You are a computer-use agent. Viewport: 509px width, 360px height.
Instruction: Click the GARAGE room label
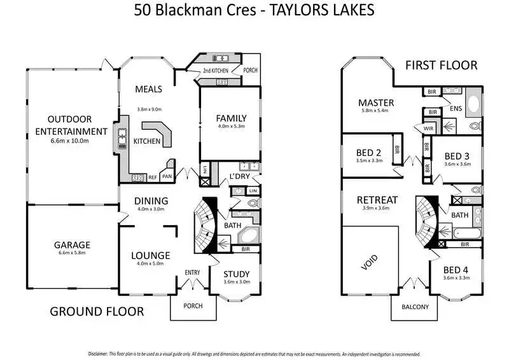[x=72, y=245]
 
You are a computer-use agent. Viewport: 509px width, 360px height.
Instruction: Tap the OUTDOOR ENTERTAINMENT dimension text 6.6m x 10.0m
[x=69, y=141]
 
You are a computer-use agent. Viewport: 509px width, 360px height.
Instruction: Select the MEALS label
[x=148, y=89]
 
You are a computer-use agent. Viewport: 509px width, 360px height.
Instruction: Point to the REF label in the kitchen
[x=153, y=177]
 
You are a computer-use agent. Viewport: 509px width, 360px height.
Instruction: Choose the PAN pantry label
[x=167, y=177]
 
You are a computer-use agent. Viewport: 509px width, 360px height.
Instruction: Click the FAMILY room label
[x=231, y=118]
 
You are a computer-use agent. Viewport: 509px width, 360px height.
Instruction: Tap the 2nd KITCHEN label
[x=216, y=71]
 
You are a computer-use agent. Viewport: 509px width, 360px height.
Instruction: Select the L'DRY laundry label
[x=240, y=176]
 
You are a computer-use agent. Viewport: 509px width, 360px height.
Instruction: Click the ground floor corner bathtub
[x=249, y=236]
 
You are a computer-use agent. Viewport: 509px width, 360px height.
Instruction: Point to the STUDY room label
[x=236, y=274]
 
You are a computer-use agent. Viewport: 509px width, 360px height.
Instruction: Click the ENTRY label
[x=193, y=272]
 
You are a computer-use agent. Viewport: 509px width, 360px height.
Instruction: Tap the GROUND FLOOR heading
[x=97, y=312]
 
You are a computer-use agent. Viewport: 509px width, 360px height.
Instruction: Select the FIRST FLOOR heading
[x=441, y=66]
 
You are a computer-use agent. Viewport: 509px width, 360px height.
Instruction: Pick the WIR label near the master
[x=428, y=128]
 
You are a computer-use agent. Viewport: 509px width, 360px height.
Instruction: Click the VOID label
[x=370, y=262]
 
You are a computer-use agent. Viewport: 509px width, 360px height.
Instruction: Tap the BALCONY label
[x=415, y=307]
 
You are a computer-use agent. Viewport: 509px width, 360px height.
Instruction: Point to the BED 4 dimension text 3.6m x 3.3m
[x=456, y=278]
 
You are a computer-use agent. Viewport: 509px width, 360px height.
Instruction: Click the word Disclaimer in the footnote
[x=98, y=354]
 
